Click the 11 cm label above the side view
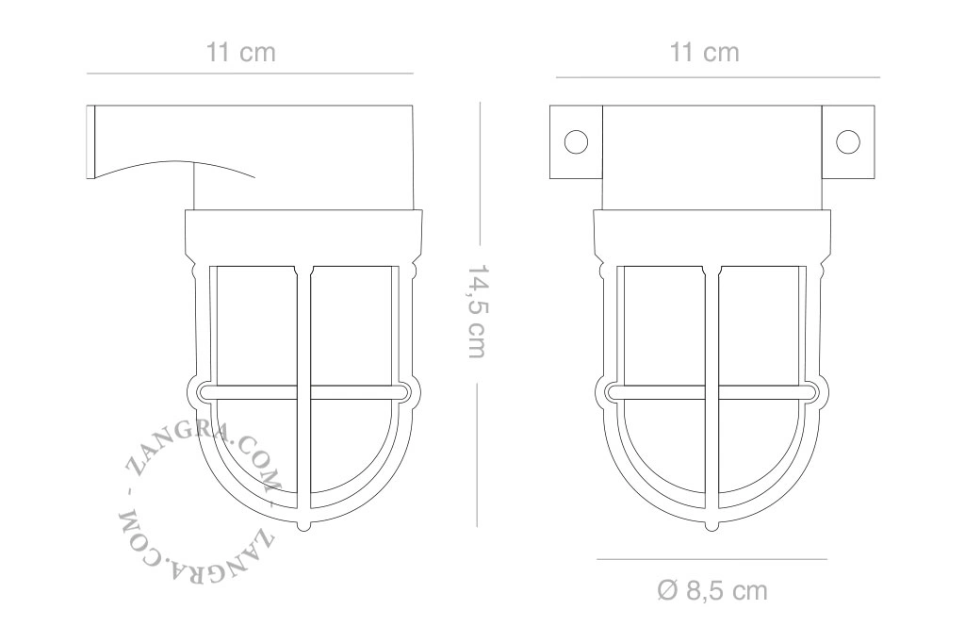click(240, 53)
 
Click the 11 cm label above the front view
click(704, 53)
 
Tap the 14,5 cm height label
click(477, 312)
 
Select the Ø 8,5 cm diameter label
click(712, 591)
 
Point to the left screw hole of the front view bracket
click(576, 141)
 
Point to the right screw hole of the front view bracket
click(847, 141)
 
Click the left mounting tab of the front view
click(576, 141)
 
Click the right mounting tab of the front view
click(848, 141)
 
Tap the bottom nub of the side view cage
click(304, 527)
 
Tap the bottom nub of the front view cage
click(712, 527)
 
